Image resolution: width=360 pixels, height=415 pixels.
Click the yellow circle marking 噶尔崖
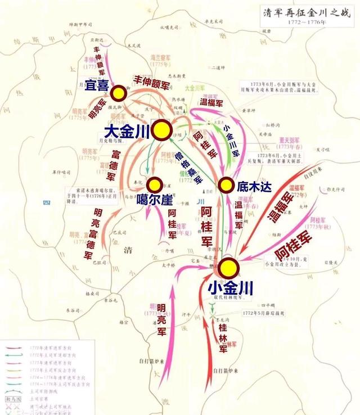point(155,184)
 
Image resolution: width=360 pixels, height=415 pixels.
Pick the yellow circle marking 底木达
point(226,184)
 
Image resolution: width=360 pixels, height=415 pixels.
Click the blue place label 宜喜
point(97,85)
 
